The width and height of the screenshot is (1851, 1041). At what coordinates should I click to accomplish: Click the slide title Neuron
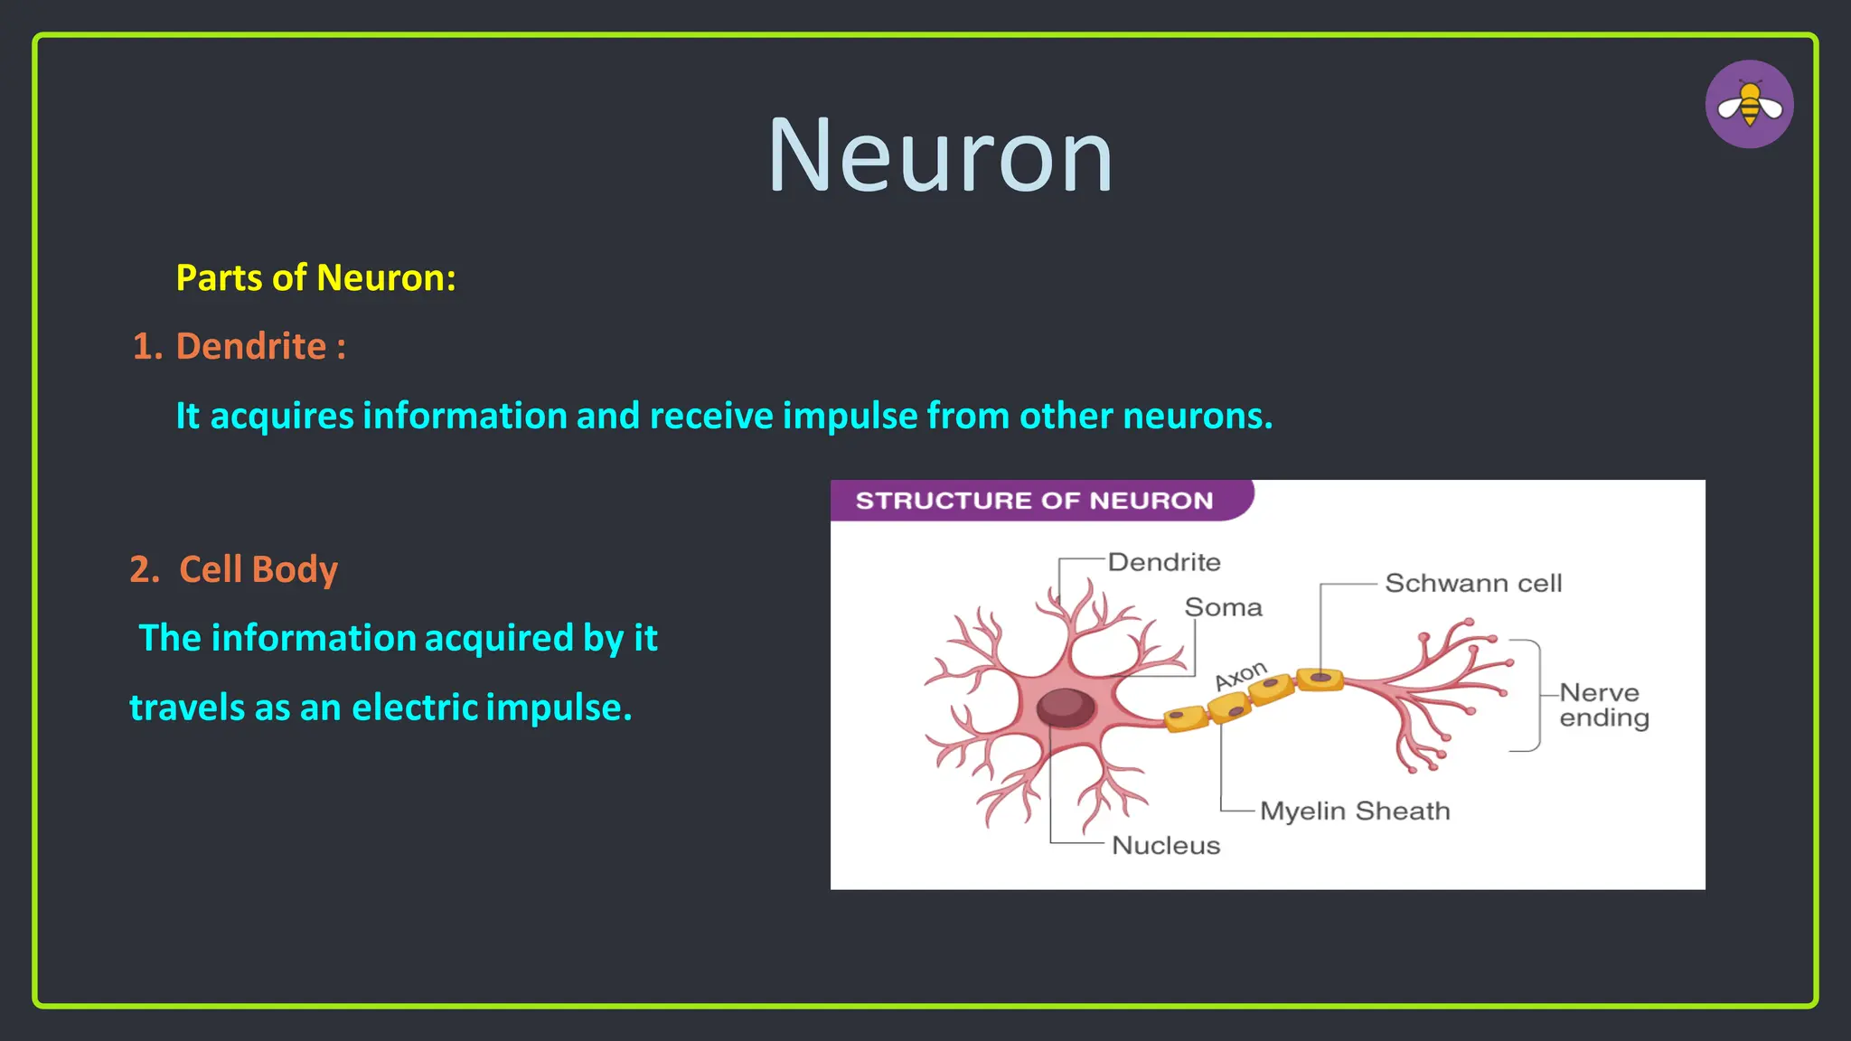coord(940,155)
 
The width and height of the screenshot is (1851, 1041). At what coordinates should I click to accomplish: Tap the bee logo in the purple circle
coord(1749,105)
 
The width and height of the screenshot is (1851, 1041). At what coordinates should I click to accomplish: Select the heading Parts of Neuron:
coord(315,277)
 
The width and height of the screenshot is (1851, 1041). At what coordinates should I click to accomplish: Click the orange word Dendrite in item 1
coord(250,346)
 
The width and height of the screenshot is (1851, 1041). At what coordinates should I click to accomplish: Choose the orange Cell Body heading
coord(258,569)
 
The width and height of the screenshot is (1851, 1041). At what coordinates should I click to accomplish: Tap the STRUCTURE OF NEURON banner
coord(1034,501)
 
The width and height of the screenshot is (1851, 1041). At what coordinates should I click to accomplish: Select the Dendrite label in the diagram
coord(1164,562)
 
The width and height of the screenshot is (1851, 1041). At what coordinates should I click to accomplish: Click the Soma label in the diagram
coord(1223,607)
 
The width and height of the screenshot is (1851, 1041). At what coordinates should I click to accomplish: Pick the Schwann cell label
coord(1473,584)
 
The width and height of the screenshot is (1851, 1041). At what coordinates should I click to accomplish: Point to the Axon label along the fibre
coord(1241,675)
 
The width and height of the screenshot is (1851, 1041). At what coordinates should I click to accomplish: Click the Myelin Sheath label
coord(1355,811)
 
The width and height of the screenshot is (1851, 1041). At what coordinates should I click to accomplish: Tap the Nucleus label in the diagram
coord(1166,846)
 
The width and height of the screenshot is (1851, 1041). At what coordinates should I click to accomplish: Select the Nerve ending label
coord(1603,705)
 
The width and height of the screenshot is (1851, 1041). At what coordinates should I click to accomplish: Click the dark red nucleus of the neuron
coord(1066,707)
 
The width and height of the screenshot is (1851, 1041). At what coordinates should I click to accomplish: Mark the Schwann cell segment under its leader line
coord(1320,679)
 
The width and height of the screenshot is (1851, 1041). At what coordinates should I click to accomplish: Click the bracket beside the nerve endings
coord(1536,695)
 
